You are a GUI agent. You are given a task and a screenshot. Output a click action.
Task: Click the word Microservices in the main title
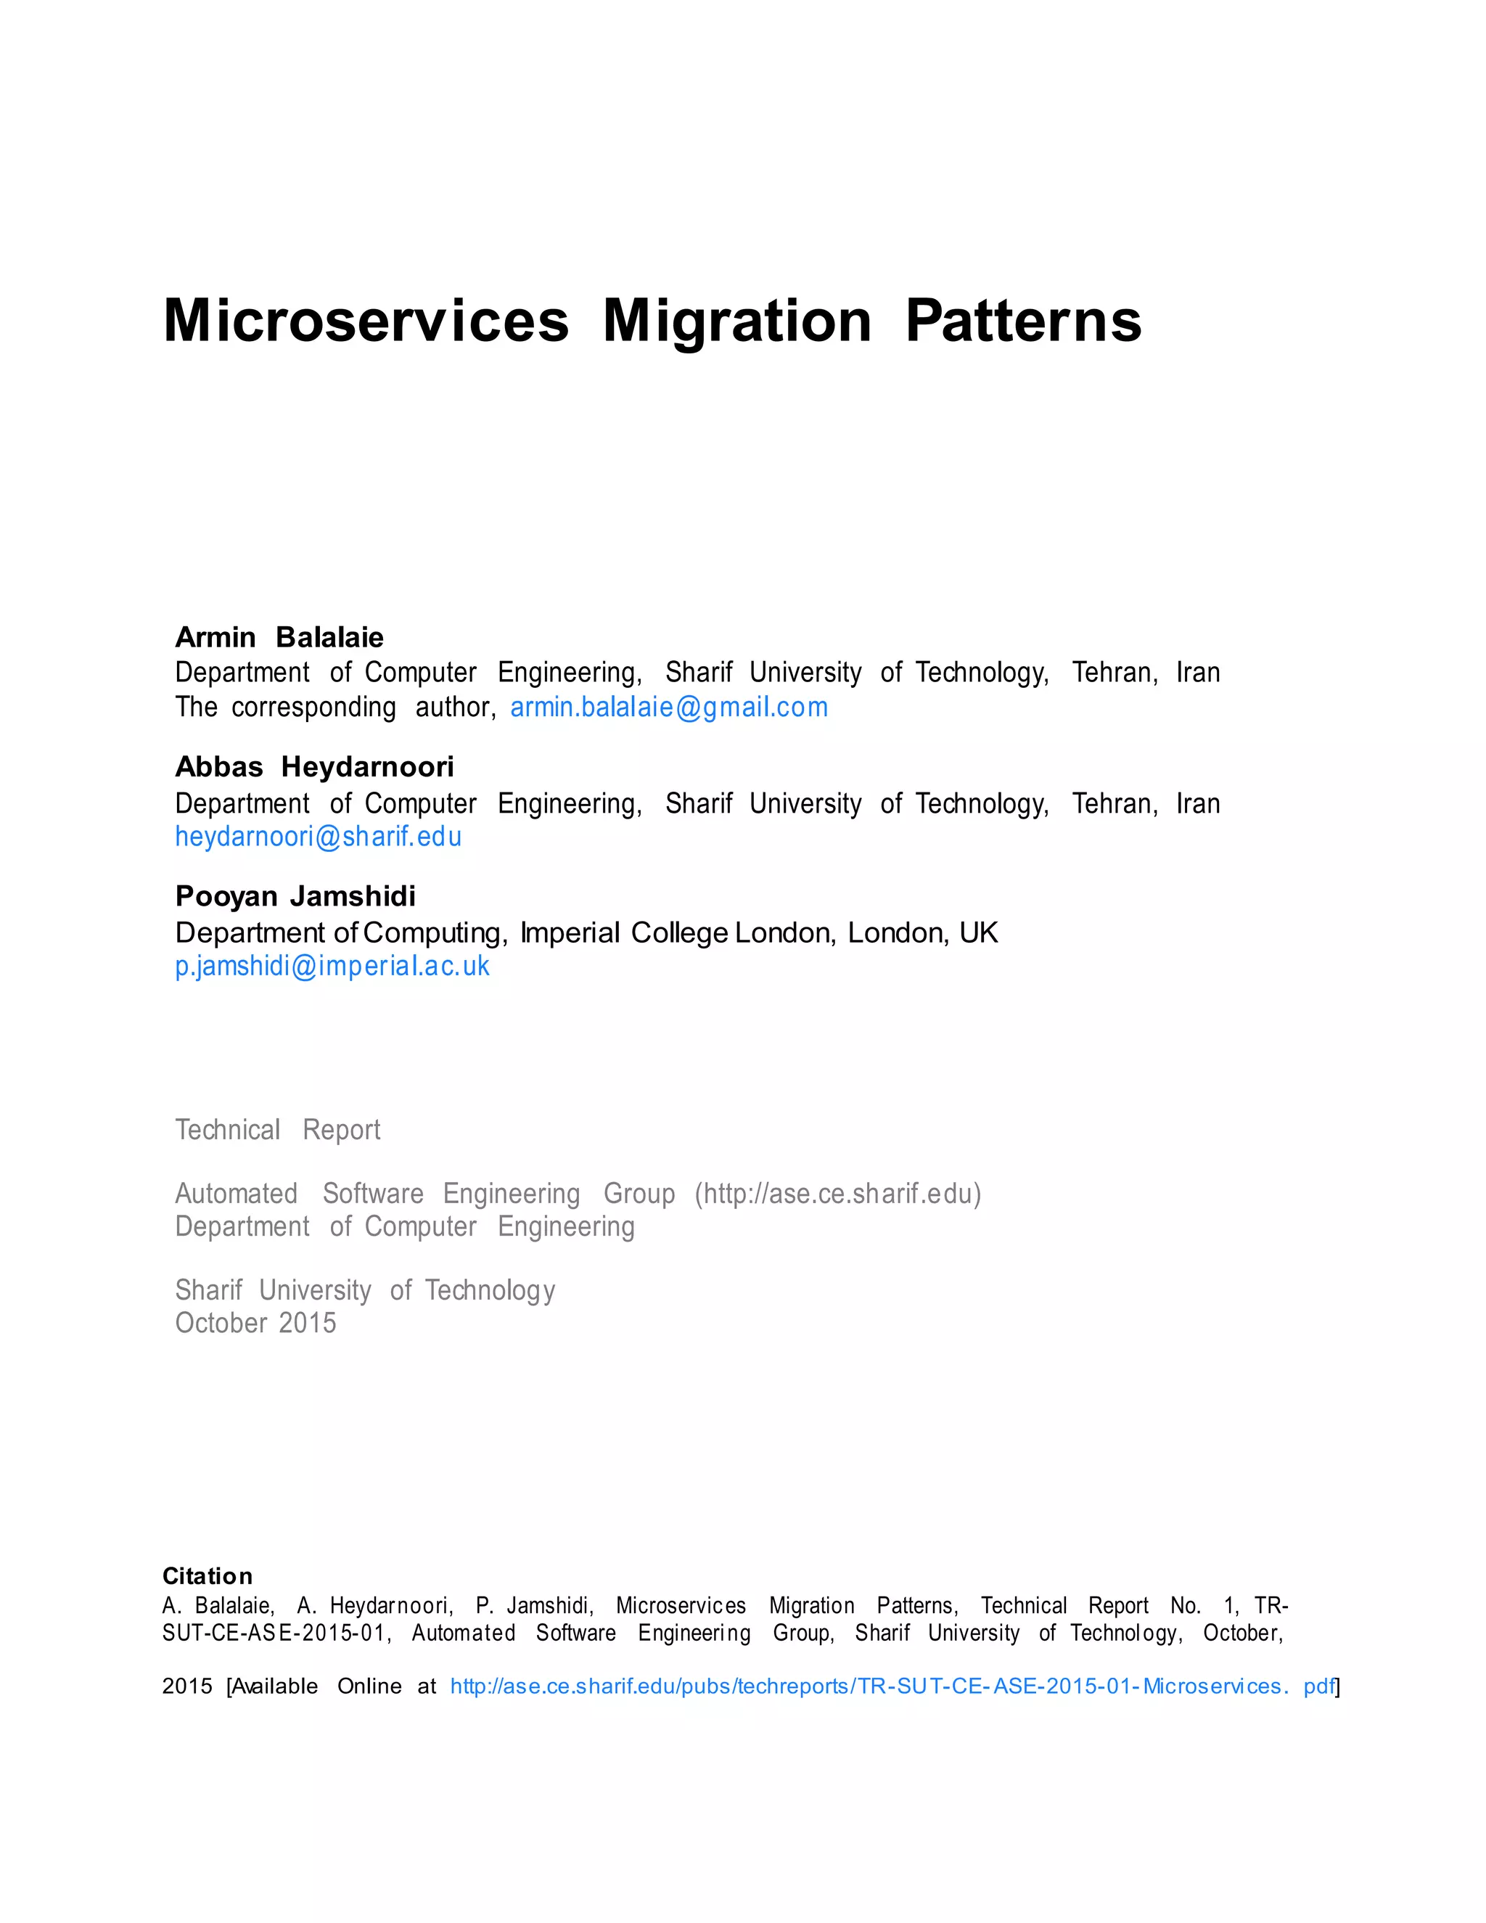[366, 321]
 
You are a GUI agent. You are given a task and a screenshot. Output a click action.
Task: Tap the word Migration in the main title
[737, 321]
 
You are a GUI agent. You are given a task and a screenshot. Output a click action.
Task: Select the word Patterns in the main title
[1023, 321]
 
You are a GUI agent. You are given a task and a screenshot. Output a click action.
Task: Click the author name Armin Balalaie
[279, 637]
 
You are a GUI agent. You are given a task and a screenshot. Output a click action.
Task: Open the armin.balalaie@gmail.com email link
[669, 707]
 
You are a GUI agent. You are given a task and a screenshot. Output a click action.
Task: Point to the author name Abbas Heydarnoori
[314, 767]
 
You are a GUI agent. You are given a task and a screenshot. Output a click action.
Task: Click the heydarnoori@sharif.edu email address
[318, 837]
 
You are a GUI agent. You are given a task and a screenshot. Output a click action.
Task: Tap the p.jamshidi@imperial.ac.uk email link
[332, 966]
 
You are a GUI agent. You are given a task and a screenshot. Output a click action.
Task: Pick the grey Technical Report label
[277, 1130]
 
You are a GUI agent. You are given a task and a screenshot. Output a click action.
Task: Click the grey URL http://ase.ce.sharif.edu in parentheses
[837, 1194]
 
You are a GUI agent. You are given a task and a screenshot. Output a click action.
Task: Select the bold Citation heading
[207, 1576]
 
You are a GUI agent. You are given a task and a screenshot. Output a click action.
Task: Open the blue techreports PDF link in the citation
[892, 1686]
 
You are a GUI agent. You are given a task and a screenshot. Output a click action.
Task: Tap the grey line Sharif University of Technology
[364, 1290]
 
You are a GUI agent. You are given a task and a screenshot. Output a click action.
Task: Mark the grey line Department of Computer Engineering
[404, 1226]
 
